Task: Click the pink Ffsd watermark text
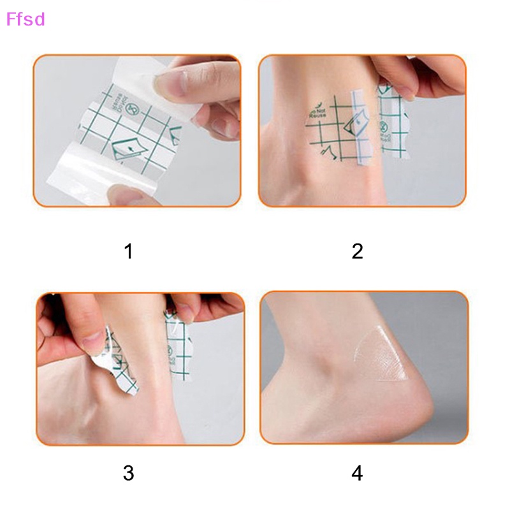pos(25,19)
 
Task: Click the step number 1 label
pos(129,251)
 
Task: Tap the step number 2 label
pos(357,251)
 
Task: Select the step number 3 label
pos(129,473)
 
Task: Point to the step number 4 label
pos(357,473)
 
